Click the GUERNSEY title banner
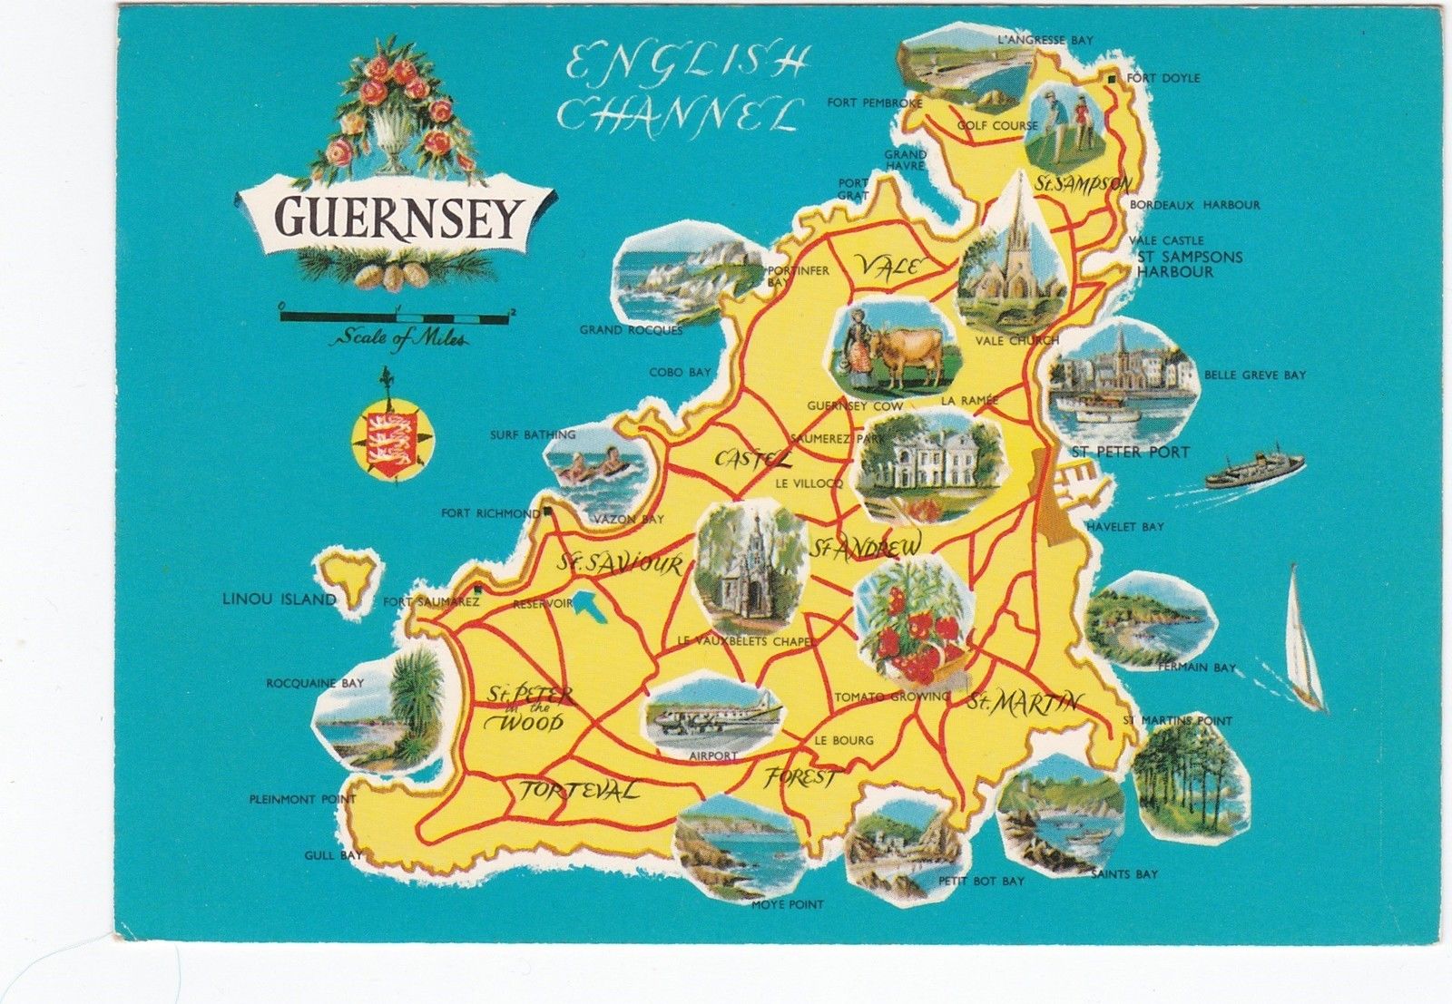click(x=397, y=218)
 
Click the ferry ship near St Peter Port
click(x=1255, y=470)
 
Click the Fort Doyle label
click(x=1163, y=79)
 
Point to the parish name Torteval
click(x=577, y=791)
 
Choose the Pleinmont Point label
click(x=302, y=800)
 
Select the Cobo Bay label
click(x=680, y=373)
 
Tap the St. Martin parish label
click(x=1024, y=702)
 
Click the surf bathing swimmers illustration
click(x=594, y=466)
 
